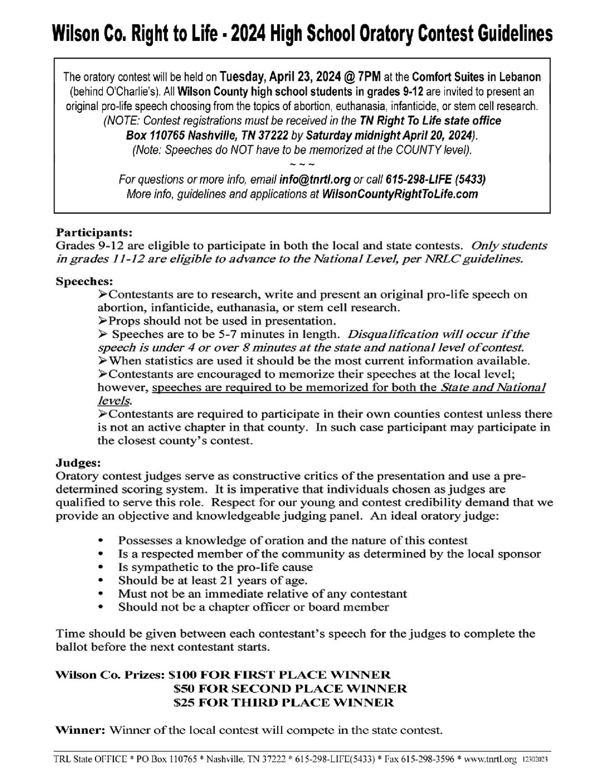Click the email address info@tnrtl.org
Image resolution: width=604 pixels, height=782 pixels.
point(315,179)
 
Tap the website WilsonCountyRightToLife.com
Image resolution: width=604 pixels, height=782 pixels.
point(400,194)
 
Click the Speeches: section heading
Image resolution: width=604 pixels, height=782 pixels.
point(84,281)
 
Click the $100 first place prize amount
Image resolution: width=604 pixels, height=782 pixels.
point(182,675)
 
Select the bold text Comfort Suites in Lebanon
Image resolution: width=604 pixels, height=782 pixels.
point(476,77)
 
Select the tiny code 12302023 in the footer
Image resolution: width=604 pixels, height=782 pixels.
point(537,760)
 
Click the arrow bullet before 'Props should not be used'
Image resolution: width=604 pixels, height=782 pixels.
point(102,321)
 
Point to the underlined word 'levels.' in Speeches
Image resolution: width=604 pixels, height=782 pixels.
point(114,401)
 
